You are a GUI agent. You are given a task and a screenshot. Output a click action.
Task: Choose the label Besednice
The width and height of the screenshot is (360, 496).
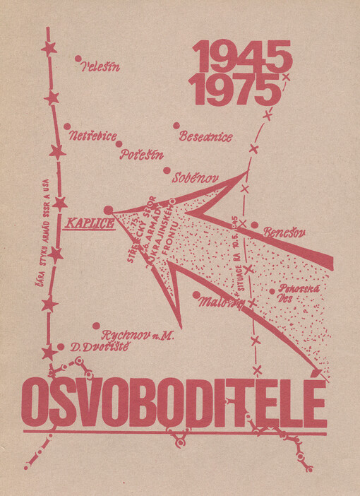pos(205,136)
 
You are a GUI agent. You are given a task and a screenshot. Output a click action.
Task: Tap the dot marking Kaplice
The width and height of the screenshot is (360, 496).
pos(108,210)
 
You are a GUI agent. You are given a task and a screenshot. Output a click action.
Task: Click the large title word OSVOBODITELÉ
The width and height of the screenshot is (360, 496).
pos(174,403)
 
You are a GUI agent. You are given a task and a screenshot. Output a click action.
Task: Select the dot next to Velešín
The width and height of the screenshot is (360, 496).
pos(78,59)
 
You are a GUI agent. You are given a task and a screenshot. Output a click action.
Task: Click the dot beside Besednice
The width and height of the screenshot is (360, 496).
pos(176,126)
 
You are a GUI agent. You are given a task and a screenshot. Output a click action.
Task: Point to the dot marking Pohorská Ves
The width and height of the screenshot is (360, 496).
pos(272,290)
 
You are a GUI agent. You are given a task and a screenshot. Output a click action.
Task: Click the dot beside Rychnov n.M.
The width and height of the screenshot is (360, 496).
pos(96,326)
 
